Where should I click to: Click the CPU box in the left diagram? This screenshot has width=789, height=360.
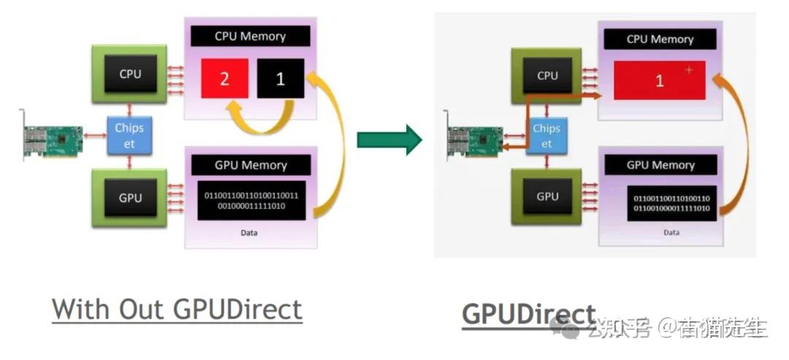point(130,74)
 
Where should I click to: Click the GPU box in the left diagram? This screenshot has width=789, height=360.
point(130,197)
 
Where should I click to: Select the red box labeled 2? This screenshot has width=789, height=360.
point(224,79)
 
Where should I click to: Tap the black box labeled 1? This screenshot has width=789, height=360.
point(280,79)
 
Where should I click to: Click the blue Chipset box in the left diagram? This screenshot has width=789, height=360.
point(129,135)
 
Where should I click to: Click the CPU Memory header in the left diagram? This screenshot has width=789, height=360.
point(251,37)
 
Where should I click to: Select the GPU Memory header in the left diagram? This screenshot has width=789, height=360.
point(251,165)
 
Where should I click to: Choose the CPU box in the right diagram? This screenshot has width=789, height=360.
point(547,76)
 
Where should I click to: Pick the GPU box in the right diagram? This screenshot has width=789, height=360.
point(547,196)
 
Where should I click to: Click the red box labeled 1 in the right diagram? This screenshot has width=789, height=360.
point(660,81)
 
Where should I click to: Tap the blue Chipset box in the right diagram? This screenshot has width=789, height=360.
point(546,136)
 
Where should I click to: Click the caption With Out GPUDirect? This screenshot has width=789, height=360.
point(177,310)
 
